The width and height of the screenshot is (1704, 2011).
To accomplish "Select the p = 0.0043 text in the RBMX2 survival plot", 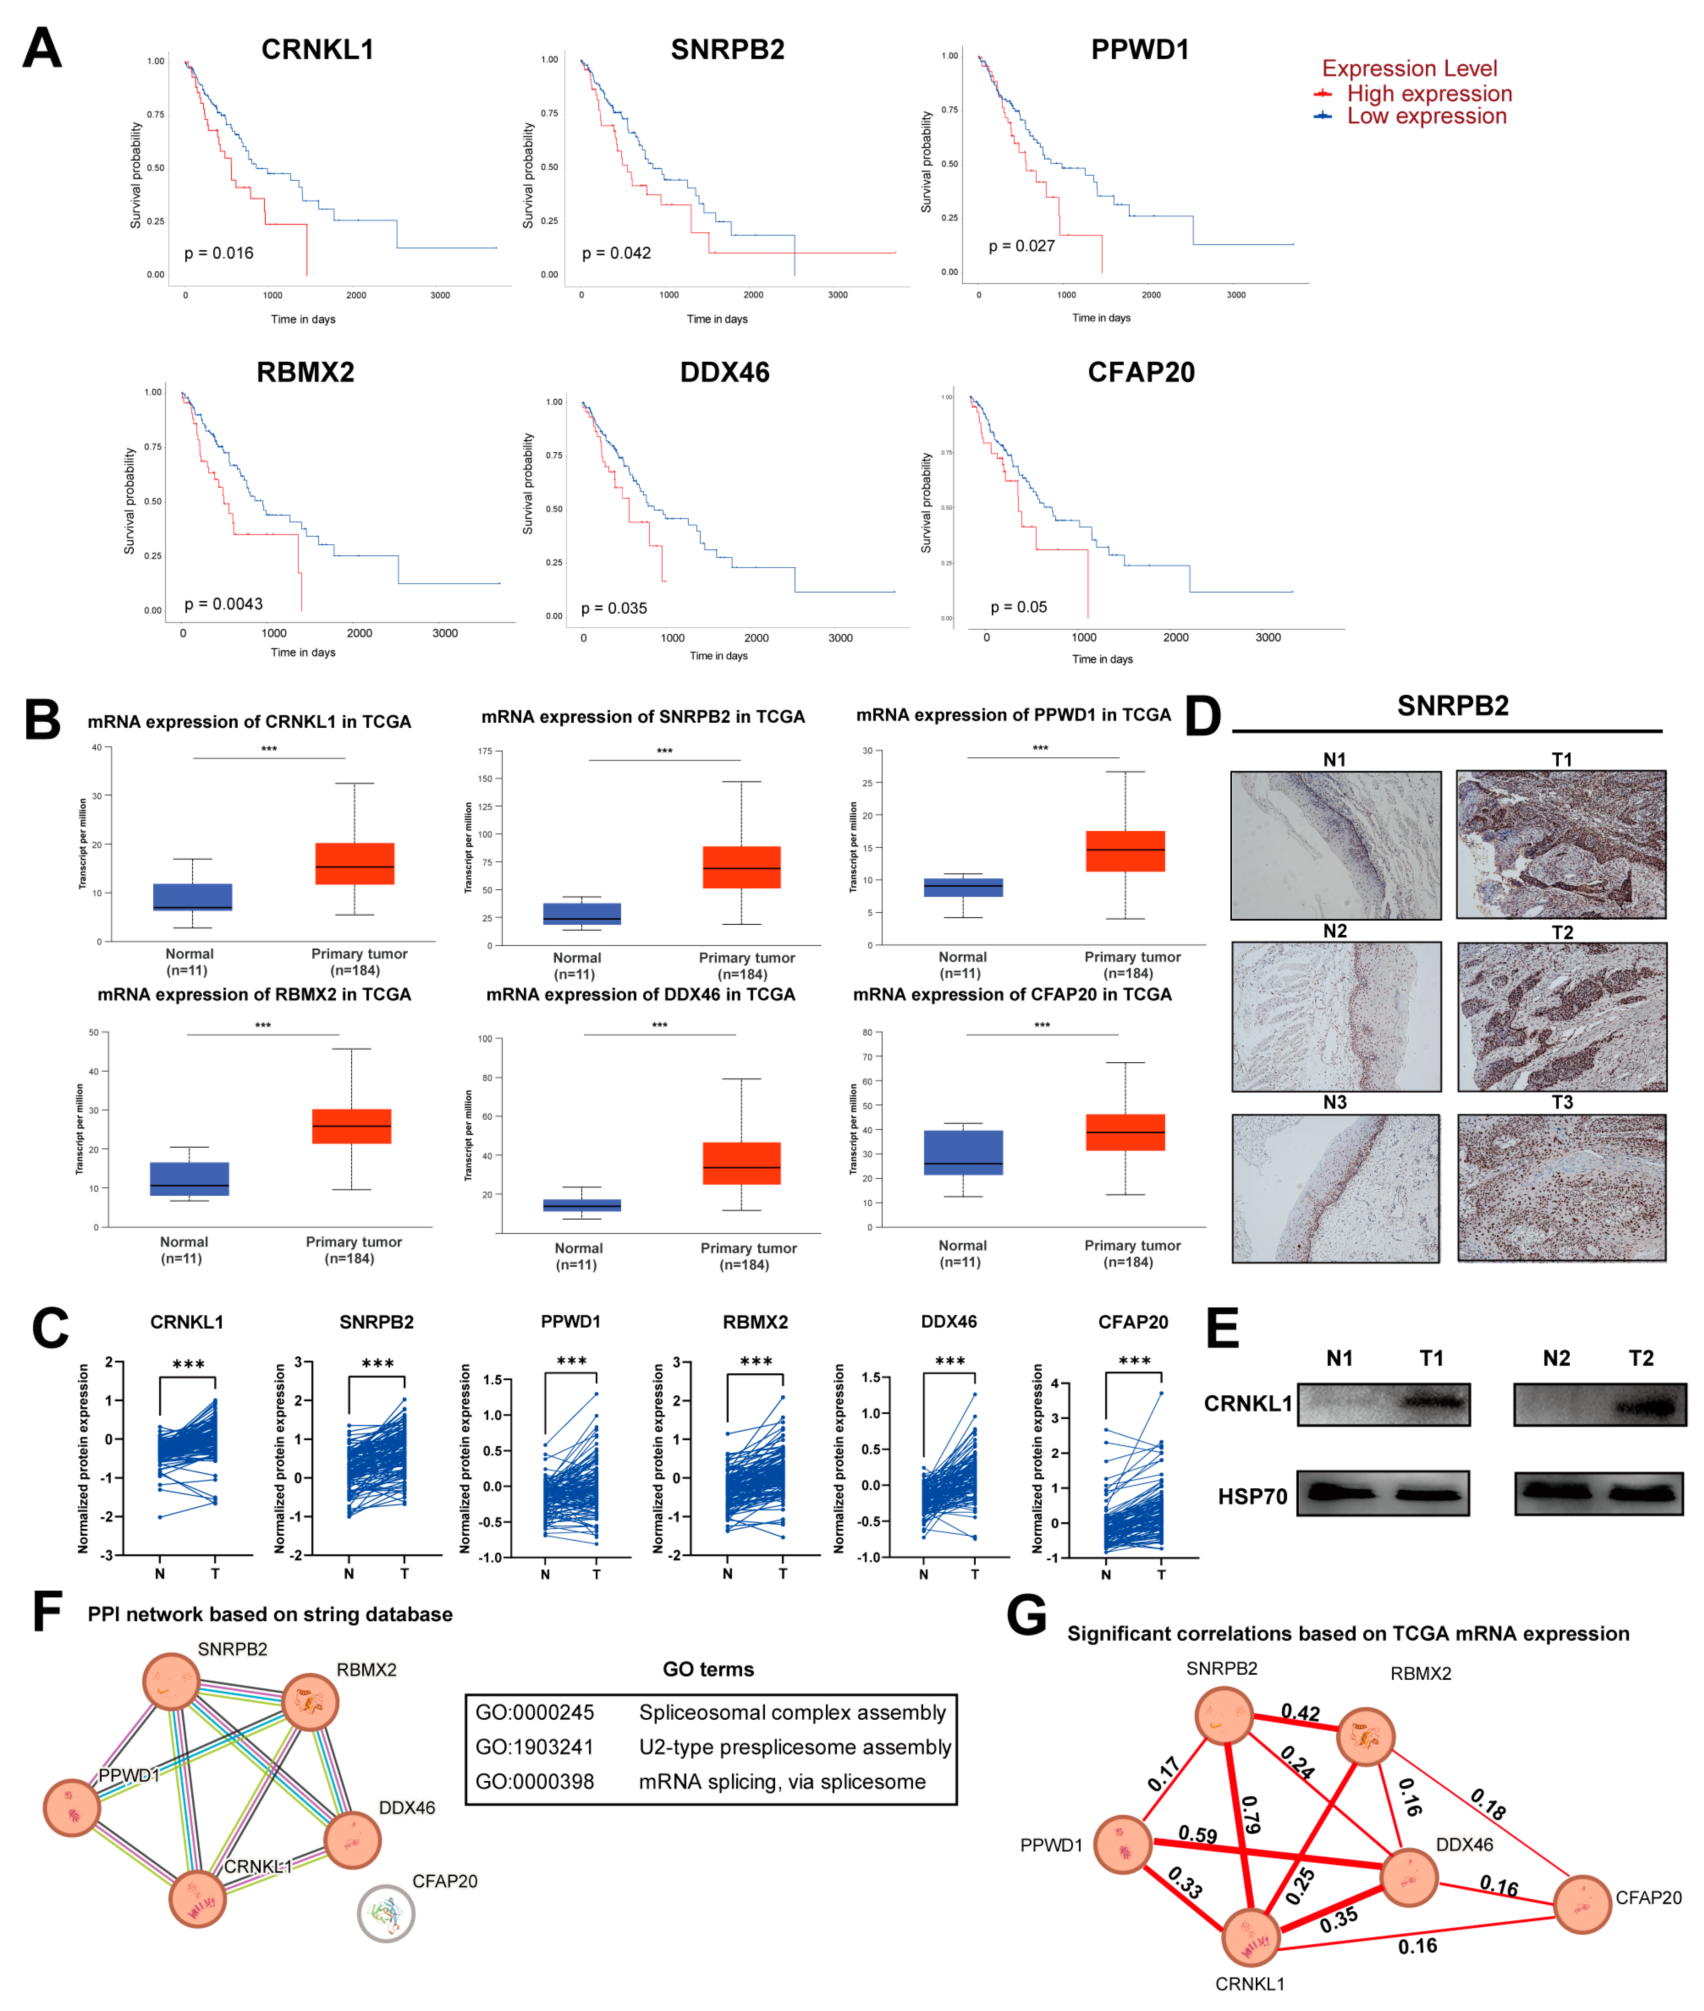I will pos(223,604).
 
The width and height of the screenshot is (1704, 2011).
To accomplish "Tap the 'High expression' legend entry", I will pos(1428,94).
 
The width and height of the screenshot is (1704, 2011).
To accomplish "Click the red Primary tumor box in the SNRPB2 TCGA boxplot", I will pos(741,867).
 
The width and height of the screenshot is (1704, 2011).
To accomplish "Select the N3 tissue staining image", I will pos(1335,1187).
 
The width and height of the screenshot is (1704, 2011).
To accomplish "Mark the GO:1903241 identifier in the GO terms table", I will pos(534,1747).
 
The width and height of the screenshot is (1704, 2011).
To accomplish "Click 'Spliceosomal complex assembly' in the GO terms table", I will pos(792,1712).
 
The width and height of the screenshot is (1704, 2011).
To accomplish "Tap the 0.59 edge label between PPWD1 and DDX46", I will pos(1198,1834).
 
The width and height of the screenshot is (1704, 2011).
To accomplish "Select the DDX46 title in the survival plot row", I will pos(725,373).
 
